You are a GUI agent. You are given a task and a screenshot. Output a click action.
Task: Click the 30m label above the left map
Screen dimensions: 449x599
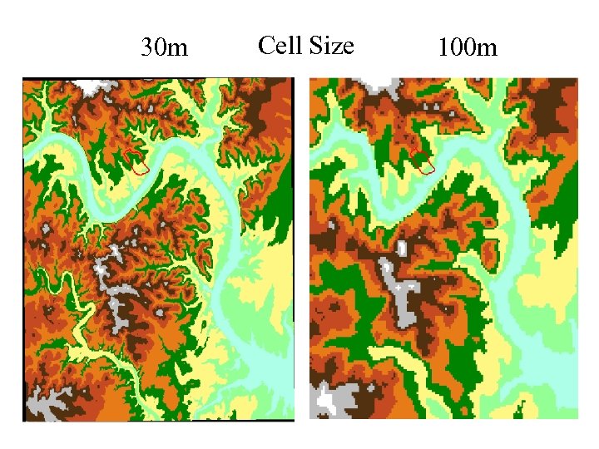[x=164, y=48]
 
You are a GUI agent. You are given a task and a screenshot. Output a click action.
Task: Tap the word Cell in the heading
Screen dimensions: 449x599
[x=279, y=45]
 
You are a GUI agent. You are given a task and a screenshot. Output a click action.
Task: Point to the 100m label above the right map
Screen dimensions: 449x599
[x=467, y=48]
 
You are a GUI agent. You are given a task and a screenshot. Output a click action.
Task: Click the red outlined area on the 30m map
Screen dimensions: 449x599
[x=139, y=163]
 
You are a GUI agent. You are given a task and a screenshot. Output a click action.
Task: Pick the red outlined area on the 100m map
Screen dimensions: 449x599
[x=424, y=164]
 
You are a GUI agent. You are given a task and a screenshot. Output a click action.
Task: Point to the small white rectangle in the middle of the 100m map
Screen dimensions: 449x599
[x=403, y=247]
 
